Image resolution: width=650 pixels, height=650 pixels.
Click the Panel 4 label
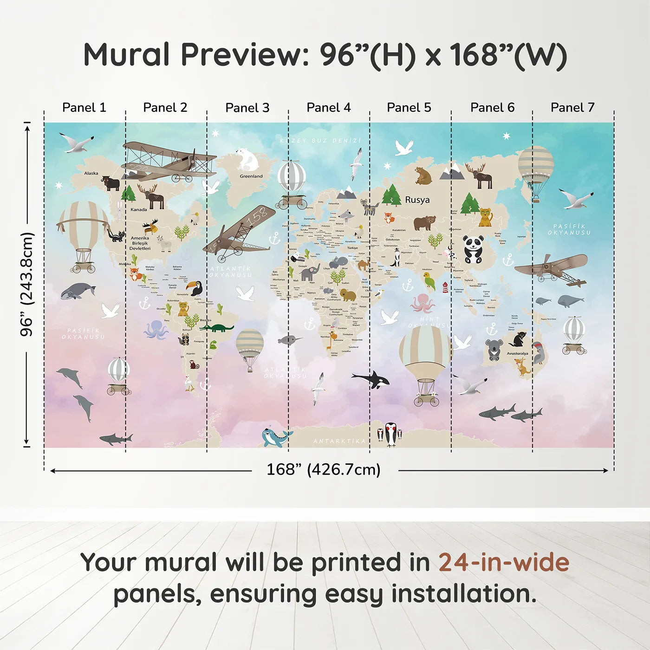point(328,108)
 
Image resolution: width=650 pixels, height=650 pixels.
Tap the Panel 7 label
point(572,108)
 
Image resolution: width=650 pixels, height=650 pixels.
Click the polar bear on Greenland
point(247,160)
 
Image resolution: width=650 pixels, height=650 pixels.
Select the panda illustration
point(473,250)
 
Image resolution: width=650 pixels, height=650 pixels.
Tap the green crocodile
point(217,328)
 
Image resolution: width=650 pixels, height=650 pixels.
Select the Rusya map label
point(417,200)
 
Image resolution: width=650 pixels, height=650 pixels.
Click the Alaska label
point(91,173)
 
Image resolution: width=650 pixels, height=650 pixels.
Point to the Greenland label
point(251,176)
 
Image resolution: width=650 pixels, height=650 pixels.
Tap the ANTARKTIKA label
point(339,441)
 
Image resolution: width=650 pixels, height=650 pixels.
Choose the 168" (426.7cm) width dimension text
point(323,469)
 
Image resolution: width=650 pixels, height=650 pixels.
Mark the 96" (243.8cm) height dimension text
point(27,284)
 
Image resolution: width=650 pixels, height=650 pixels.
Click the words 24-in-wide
point(503,562)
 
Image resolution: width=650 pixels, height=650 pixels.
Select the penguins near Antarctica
point(390,434)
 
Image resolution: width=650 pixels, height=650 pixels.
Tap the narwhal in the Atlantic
point(289,340)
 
